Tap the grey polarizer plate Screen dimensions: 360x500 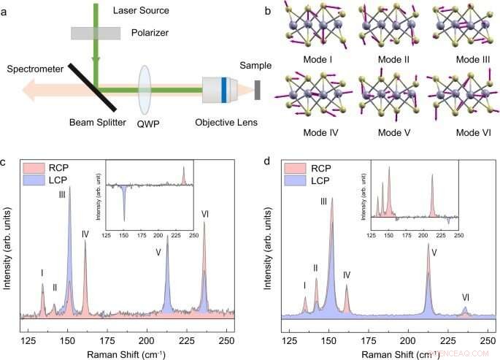[x=96, y=33]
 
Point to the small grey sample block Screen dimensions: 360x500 [x=258, y=90]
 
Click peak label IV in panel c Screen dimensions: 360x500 [x=85, y=234]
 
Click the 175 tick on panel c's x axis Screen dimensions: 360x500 [x=107, y=341]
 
